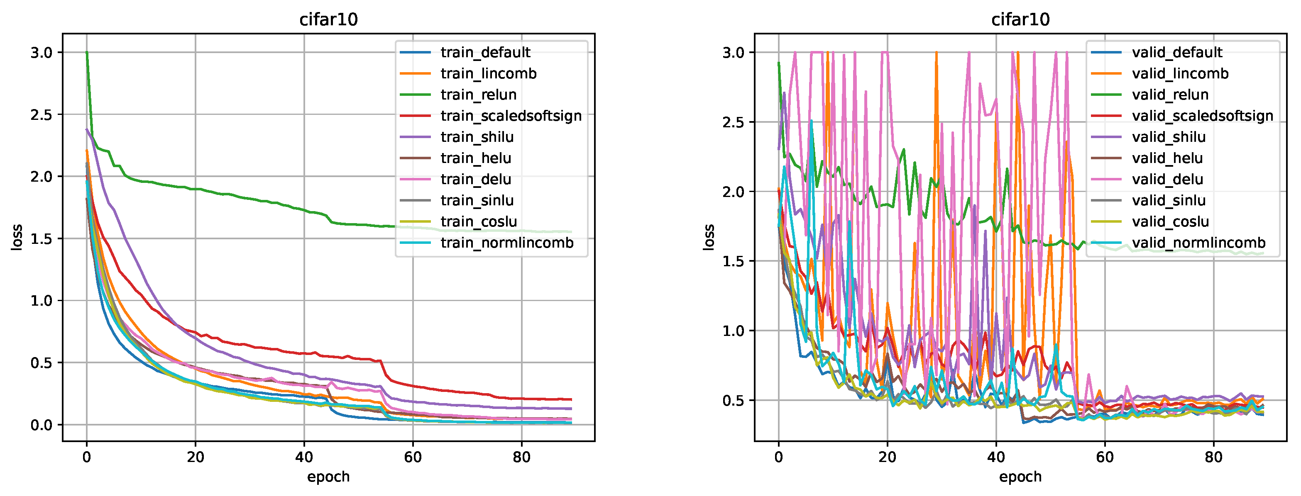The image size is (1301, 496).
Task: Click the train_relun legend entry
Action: (478, 95)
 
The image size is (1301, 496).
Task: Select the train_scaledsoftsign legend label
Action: (511, 116)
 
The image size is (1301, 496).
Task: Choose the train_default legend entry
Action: (485, 53)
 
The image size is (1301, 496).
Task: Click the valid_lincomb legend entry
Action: (1180, 74)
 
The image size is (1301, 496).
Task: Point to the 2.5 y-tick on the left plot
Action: (41, 114)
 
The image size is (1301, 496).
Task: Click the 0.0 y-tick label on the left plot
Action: (41, 425)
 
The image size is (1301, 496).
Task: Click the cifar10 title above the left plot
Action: (328, 19)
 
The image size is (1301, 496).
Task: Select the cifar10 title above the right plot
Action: (1020, 19)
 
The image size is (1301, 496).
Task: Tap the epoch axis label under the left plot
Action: (328, 477)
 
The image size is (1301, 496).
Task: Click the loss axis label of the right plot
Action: (709, 237)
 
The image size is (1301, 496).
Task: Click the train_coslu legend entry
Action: (478, 222)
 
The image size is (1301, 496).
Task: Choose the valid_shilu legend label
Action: (1168, 137)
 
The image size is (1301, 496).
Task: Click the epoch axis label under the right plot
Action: (1020, 477)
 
